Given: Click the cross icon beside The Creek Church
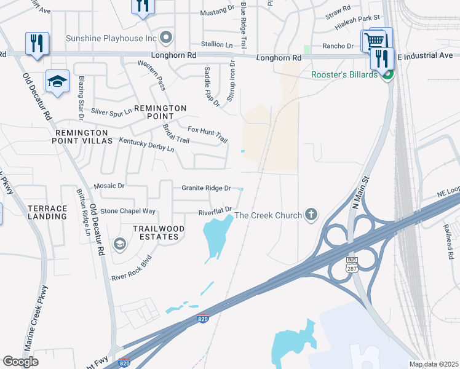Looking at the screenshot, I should point(311,215).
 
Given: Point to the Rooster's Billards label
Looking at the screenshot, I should point(344,75).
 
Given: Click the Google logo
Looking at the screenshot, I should point(20,362).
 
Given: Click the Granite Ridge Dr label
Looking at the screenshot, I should point(206,188).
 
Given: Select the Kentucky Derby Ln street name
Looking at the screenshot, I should point(147,145).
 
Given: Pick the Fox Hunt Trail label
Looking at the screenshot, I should point(207,135).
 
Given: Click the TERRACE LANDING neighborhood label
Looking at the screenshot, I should point(47,213).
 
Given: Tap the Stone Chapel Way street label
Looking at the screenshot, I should point(128,210).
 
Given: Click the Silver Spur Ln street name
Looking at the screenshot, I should point(111,111).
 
